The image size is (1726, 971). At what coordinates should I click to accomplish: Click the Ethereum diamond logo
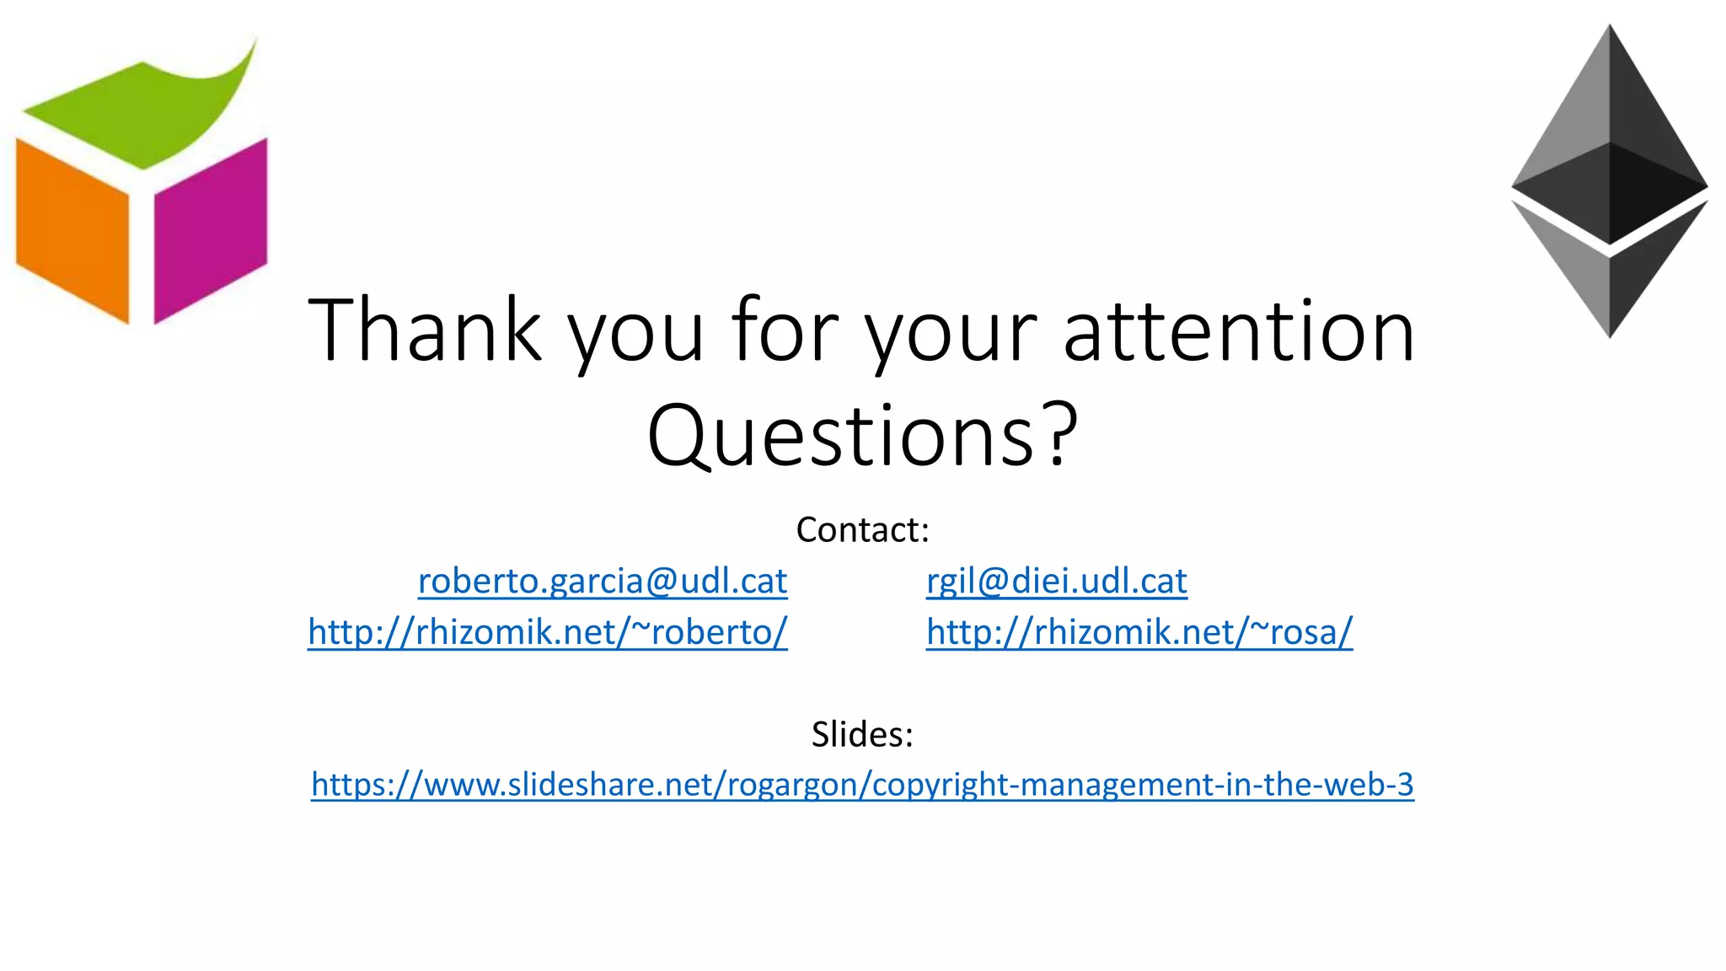click(x=1609, y=181)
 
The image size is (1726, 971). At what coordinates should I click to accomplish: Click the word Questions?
click(x=861, y=435)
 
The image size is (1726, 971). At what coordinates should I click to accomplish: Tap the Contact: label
click(x=862, y=530)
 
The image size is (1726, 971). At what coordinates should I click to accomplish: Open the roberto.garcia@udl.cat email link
click(x=603, y=581)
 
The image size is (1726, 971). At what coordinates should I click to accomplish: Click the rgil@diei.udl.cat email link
click(x=1056, y=581)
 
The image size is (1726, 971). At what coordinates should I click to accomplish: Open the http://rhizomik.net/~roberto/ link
click(x=548, y=631)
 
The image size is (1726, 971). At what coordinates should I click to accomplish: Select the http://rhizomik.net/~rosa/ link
click(x=1139, y=631)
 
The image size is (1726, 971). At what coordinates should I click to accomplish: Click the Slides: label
click(x=862, y=734)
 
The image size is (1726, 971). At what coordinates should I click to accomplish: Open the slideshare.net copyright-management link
click(x=862, y=785)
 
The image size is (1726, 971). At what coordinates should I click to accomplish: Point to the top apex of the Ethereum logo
click(x=1610, y=34)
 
